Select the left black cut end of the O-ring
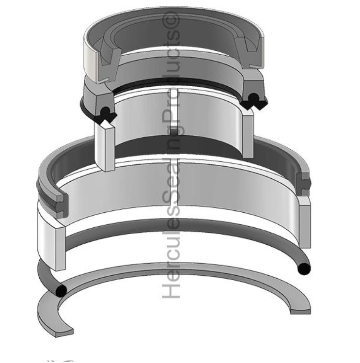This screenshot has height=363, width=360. tap(61, 291)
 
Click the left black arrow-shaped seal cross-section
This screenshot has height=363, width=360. tap(105, 115)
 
